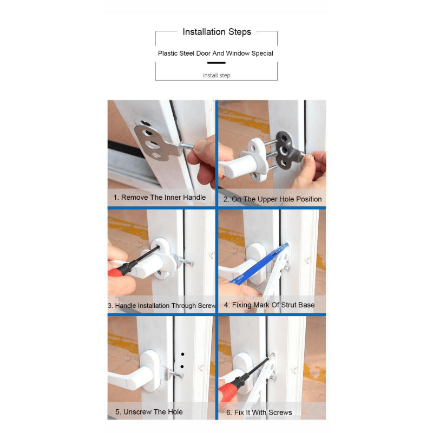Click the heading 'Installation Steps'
point(216,32)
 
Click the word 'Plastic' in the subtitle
point(169,54)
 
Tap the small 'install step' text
point(216,75)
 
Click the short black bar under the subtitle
point(216,63)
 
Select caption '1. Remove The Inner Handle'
point(160,198)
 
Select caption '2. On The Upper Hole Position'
point(273,199)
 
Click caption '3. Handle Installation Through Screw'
point(162,306)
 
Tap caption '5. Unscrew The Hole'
point(149,412)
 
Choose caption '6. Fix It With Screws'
point(259,412)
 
